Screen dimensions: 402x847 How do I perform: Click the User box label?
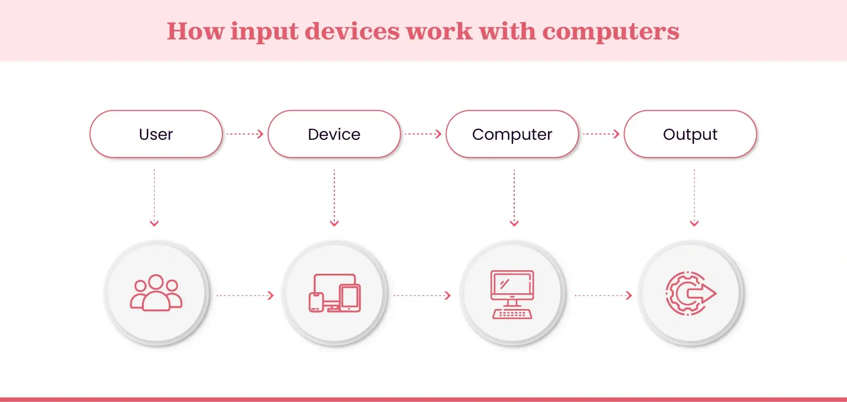[x=156, y=135]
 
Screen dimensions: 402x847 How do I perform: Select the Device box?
[x=334, y=135]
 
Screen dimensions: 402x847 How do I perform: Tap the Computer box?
[x=512, y=135]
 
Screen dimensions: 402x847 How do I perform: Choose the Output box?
[x=690, y=135]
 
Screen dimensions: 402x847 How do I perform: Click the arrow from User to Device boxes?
[x=245, y=134]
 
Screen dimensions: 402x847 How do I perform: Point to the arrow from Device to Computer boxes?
[x=423, y=134]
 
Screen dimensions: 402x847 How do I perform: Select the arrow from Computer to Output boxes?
[x=601, y=134]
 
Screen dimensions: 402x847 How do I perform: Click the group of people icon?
[x=156, y=293]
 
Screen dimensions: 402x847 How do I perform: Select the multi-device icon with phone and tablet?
[x=334, y=293]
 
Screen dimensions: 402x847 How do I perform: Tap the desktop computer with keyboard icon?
[x=512, y=294]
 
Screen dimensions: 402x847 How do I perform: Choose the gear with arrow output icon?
[x=690, y=293]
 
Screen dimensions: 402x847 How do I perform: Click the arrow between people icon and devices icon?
[x=245, y=295]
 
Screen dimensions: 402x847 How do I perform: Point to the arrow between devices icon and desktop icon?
[x=422, y=295]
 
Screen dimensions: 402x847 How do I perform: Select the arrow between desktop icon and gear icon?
[x=603, y=295]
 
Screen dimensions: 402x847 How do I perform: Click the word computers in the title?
[x=610, y=32]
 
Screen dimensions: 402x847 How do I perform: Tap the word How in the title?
[x=195, y=31]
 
